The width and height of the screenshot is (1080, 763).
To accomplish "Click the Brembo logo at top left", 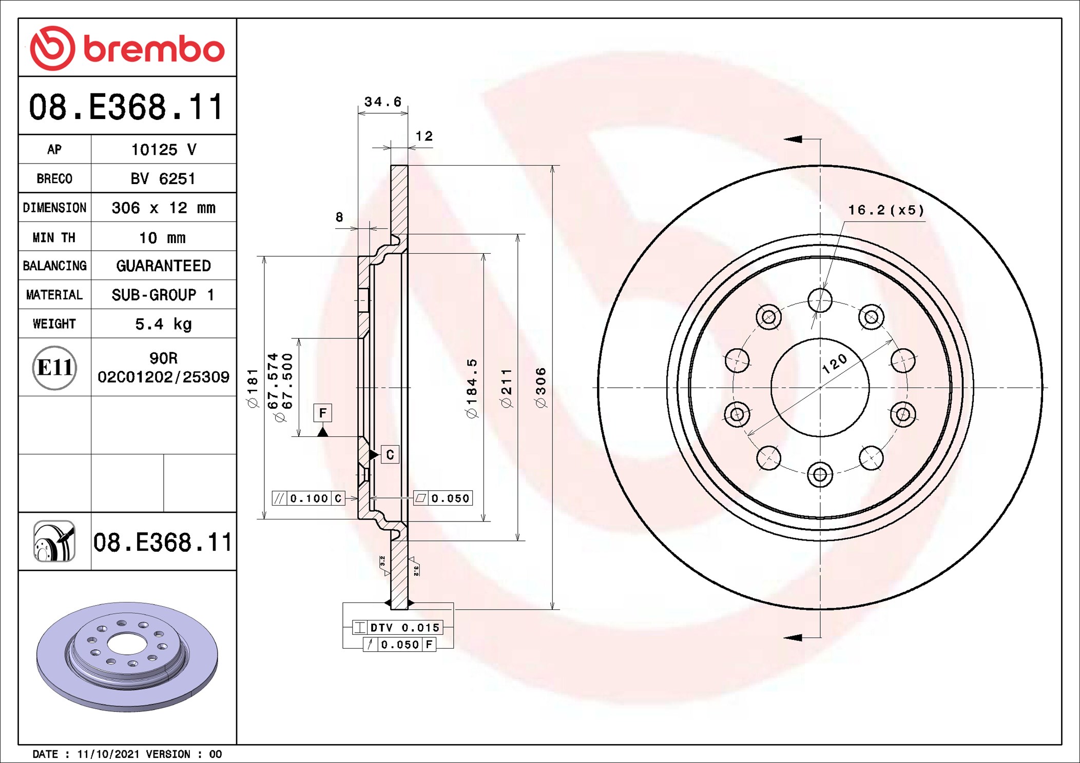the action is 127,48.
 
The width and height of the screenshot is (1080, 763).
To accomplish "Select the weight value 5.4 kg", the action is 163,324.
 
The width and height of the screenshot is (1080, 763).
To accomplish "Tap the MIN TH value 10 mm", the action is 162,238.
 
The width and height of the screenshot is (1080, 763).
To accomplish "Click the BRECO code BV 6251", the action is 163,178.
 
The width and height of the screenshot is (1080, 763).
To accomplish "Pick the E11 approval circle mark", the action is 54,368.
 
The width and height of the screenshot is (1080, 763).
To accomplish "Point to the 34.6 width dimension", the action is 382,102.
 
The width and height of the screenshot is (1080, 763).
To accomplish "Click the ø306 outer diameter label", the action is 541,388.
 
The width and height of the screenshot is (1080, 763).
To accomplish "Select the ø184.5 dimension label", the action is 471,388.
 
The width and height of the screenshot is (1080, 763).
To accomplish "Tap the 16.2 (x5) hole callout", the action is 885,210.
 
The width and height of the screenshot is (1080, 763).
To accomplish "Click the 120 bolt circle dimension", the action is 834,363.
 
